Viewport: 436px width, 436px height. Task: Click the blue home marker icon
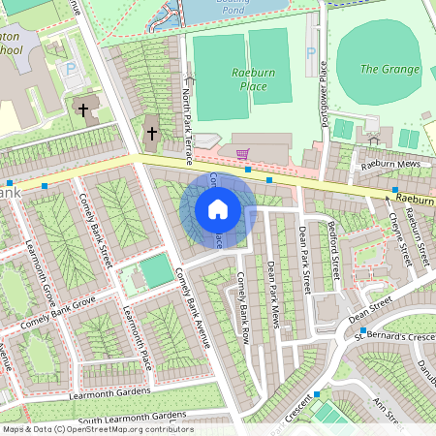(x=218, y=209)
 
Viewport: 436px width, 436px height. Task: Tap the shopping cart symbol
(x=242, y=153)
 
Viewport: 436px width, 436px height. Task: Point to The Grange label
(x=389, y=69)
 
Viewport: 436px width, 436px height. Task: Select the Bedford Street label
(x=332, y=254)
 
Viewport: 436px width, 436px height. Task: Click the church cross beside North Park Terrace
(x=151, y=132)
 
